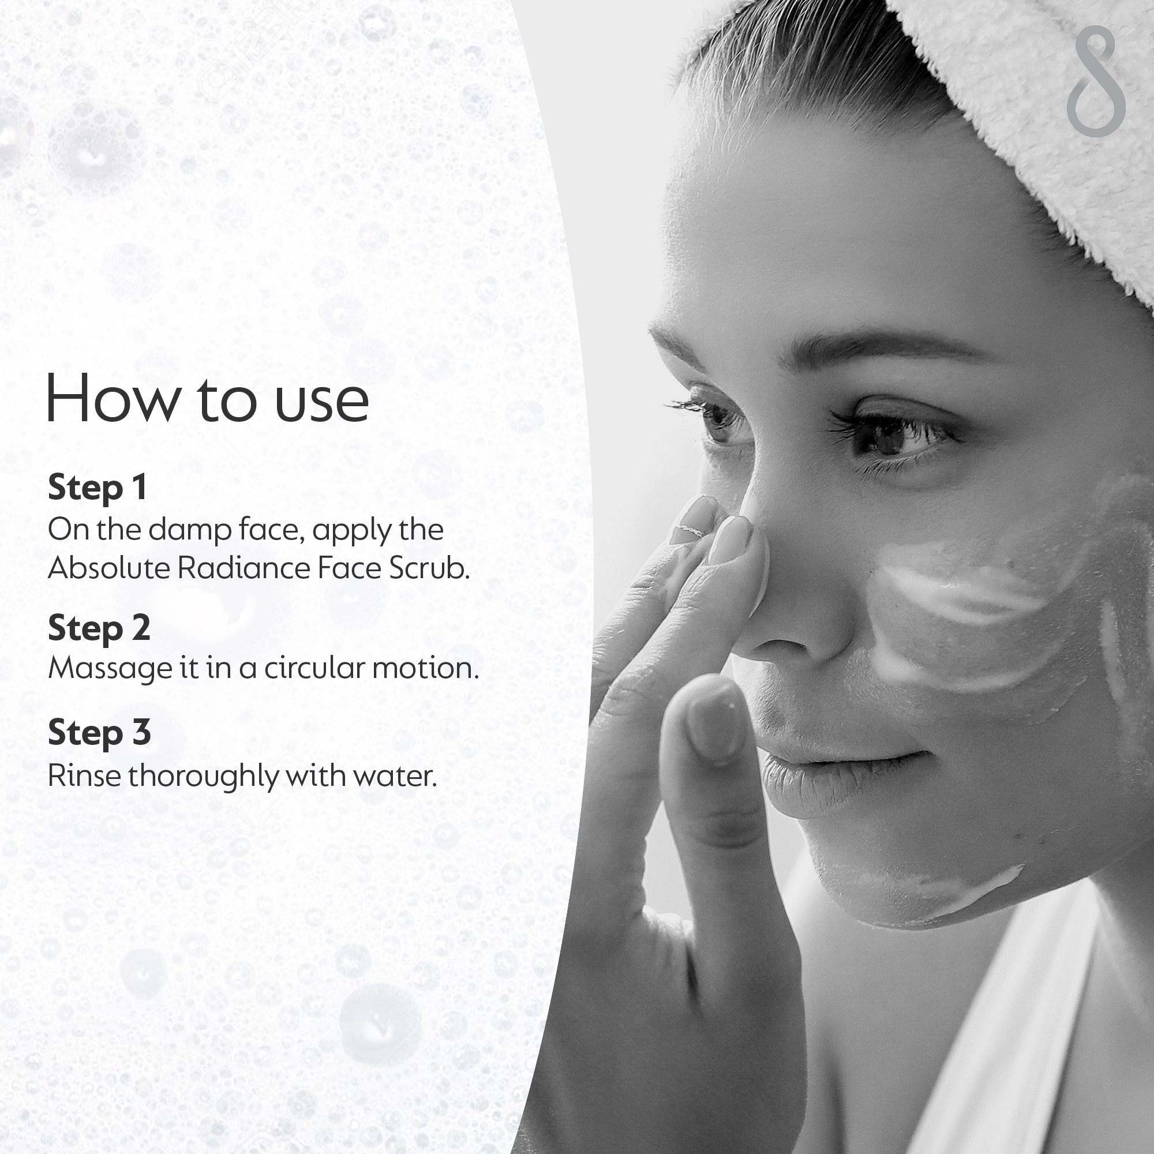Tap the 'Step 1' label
point(98,488)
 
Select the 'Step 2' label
point(99,628)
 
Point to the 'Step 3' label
point(99,732)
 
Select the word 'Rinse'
point(84,776)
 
